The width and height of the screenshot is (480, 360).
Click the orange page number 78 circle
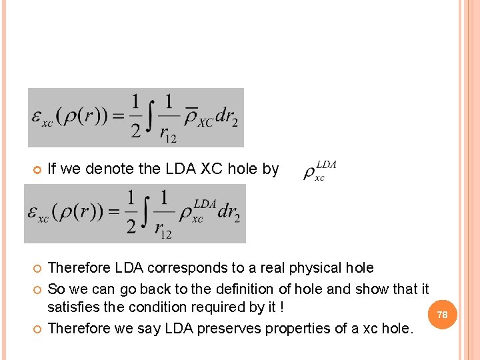(443, 314)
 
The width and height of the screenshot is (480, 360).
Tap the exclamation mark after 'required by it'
(282, 307)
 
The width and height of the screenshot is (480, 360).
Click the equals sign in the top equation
(117, 118)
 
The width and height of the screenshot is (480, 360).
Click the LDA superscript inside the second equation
(204, 203)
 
